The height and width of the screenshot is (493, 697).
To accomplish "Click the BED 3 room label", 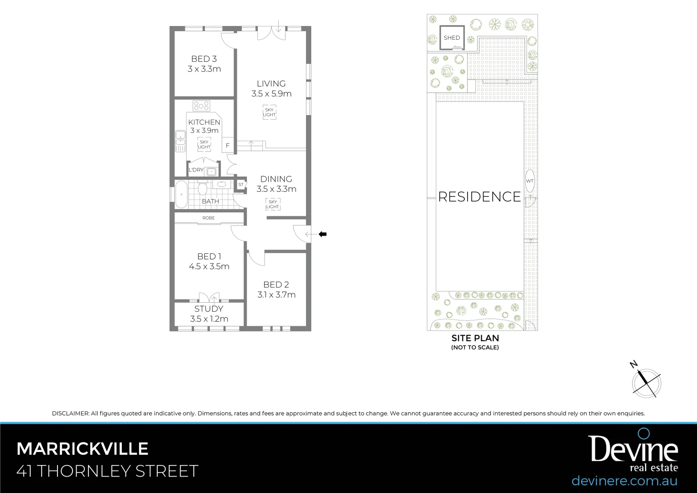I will (x=204, y=59).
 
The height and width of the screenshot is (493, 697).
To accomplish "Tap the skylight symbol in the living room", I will (x=269, y=112).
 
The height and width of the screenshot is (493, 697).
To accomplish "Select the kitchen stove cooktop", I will (x=201, y=106).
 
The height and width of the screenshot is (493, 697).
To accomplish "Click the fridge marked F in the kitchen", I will (x=228, y=146).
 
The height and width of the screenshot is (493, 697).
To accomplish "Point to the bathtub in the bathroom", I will (x=181, y=194).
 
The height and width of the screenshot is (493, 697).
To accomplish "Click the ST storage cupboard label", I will (x=241, y=185).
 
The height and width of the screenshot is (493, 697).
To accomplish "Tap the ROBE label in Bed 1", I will (x=208, y=218).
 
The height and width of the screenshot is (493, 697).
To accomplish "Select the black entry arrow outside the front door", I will (x=322, y=234).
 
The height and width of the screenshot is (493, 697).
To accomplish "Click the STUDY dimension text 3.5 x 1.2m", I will (x=209, y=319).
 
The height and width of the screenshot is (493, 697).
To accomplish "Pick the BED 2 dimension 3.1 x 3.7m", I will (x=276, y=295).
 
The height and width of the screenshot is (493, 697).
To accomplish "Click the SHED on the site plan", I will (x=452, y=38).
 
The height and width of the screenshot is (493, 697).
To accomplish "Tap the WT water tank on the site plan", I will (x=530, y=181).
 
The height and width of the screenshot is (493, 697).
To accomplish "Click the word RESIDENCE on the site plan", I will (x=479, y=197).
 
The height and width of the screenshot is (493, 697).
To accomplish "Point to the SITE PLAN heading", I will (x=475, y=338).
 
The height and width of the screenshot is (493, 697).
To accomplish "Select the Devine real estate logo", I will (x=633, y=452).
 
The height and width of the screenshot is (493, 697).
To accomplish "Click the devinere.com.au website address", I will (x=624, y=481).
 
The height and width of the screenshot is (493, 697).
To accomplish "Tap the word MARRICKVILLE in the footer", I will (x=83, y=449).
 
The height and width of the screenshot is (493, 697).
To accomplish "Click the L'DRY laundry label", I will (x=196, y=170).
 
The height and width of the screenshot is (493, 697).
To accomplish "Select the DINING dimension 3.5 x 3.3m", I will (x=276, y=189).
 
